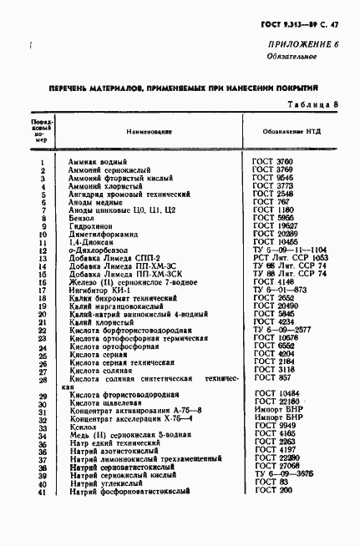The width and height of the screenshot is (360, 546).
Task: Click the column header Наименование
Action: [150, 132]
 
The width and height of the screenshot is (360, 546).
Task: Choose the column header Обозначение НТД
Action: [294, 132]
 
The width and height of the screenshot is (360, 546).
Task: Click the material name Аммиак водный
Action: [97, 161]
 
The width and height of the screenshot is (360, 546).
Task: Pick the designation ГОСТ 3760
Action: [271, 161]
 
